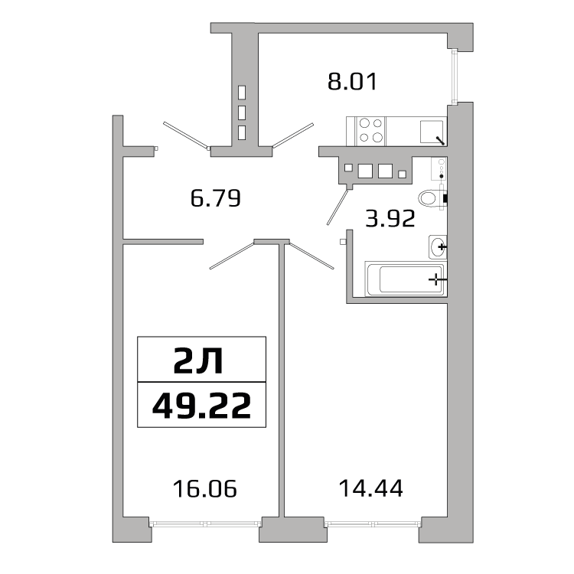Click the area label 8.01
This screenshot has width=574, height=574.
352,81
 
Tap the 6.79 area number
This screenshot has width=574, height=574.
216,199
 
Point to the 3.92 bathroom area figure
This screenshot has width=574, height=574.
390,220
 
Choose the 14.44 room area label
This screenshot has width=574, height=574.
371,487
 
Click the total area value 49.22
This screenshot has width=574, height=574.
202,405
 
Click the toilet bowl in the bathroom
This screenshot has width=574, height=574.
432,197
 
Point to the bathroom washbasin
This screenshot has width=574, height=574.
438,246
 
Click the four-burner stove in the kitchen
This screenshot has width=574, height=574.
370,129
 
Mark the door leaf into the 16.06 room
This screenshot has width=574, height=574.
232,255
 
